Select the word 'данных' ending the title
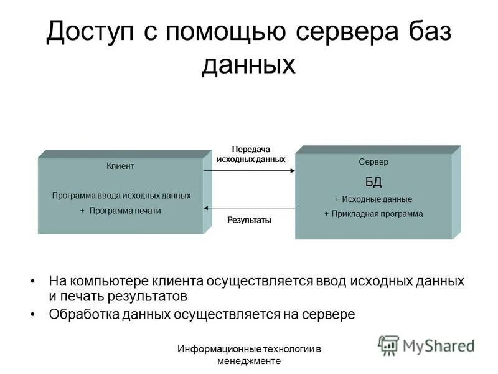pyautogui.click(x=248, y=64)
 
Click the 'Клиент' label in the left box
pyautogui.click(x=120, y=166)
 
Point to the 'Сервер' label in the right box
pyautogui.click(x=374, y=161)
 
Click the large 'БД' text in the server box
pyautogui.click(x=374, y=181)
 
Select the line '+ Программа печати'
pyautogui.click(x=121, y=211)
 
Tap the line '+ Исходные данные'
pyautogui.click(x=374, y=199)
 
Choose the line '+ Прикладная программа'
pyautogui.click(x=374, y=214)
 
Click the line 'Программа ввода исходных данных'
pyautogui.click(x=121, y=196)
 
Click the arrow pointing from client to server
pyautogui.click(x=249, y=170)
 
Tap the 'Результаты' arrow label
pyautogui.click(x=249, y=220)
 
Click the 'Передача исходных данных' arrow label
pyautogui.click(x=250, y=155)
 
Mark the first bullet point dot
pyautogui.click(x=33, y=282)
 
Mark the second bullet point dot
pyautogui.click(x=33, y=314)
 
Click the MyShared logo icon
pyautogui.click(x=388, y=345)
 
